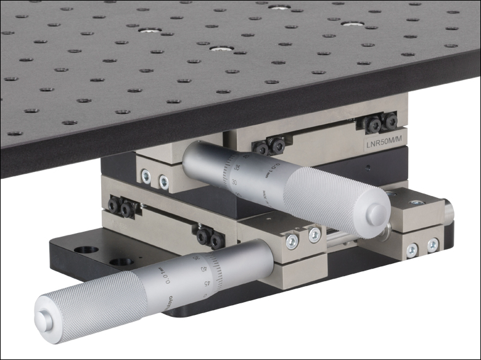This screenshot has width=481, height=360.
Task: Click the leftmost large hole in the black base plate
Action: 86,250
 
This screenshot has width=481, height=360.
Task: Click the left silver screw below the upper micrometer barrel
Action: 146,177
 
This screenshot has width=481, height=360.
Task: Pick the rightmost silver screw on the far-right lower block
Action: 433,245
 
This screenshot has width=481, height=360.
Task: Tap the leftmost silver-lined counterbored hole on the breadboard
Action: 150,30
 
